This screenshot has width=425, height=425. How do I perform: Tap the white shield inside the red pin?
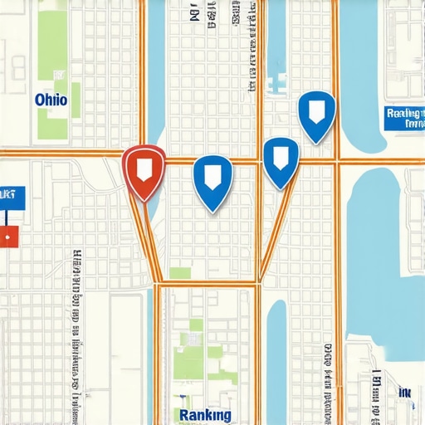coord(144,167)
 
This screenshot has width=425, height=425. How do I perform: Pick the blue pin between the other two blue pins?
coord(280,159)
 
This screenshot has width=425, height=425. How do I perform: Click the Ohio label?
coord(51,100)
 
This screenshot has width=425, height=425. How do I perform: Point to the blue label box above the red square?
coord(12,197)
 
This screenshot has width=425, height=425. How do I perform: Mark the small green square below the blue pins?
coord(179,273)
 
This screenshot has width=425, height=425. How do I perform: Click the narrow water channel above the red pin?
coord(154,75)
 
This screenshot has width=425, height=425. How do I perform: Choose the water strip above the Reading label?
coord(365,50)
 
